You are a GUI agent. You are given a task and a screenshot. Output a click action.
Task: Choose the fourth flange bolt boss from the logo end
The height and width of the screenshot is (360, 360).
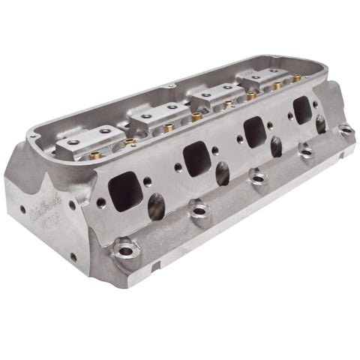click(x=306, y=151)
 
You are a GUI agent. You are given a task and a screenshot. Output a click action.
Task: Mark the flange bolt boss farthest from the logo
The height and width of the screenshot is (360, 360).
click(x=346, y=130)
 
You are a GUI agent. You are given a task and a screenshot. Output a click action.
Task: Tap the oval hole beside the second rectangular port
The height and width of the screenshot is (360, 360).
click(x=223, y=173)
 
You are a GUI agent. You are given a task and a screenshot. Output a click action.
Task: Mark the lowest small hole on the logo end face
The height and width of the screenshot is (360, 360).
click(x=73, y=257)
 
